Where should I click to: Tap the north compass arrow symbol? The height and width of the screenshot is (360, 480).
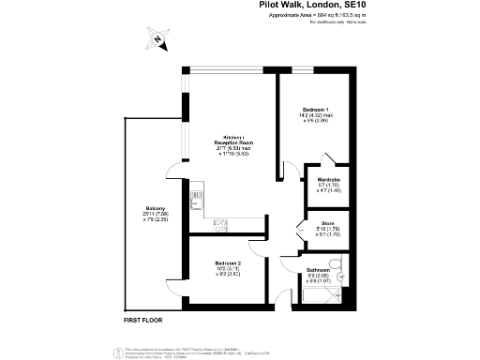coord(158,40)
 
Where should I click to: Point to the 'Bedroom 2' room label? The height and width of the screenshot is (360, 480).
coord(228,263)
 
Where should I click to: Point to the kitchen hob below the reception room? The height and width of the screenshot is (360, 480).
coord(221,223)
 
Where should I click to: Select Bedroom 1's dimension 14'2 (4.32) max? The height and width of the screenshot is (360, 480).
coord(316,114)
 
